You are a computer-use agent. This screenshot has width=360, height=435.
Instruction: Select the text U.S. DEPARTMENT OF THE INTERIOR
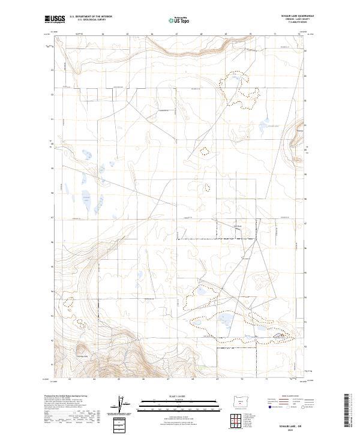click(91, 16)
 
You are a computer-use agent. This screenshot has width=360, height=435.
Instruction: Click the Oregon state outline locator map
click(241, 400)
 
